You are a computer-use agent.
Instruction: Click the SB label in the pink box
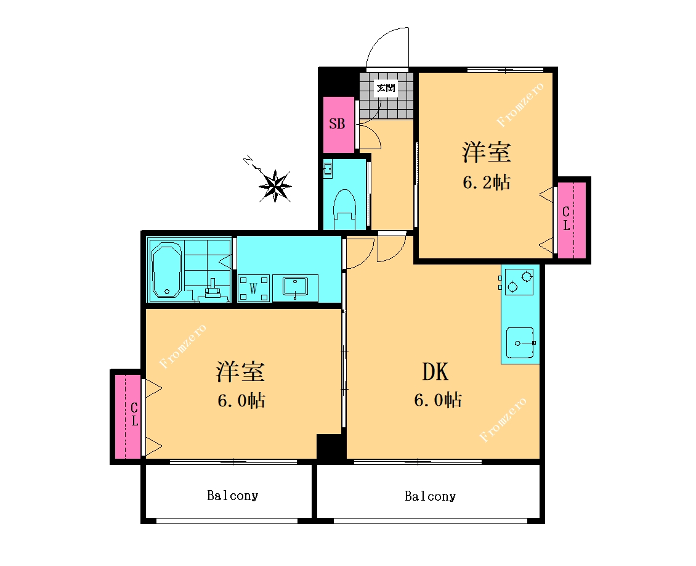(x=337, y=123)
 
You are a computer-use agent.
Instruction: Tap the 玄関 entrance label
(x=386, y=88)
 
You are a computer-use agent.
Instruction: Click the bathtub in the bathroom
(x=166, y=269)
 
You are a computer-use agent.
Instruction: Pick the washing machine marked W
(x=253, y=289)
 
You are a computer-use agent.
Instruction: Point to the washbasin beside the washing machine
(x=295, y=287)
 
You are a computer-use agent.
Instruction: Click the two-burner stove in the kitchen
(x=519, y=282)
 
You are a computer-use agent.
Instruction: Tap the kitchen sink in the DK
(x=520, y=343)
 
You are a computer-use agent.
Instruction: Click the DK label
(x=435, y=371)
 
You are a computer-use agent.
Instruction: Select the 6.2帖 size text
(x=487, y=182)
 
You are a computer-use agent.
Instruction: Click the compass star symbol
(x=275, y=186)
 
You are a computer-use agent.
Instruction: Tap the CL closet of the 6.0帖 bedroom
(x=128, y=416)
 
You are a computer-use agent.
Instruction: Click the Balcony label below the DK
(x=430, y=496)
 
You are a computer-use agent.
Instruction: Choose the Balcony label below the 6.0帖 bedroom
(x=233, y=495)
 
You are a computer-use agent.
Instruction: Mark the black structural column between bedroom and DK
(x=331, y=447)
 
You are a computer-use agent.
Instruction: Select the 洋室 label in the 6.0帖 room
(x=240, y=372)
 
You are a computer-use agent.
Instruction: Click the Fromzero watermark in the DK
(x=503, y=419)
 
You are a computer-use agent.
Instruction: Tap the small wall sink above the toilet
(x=328, y=170)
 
